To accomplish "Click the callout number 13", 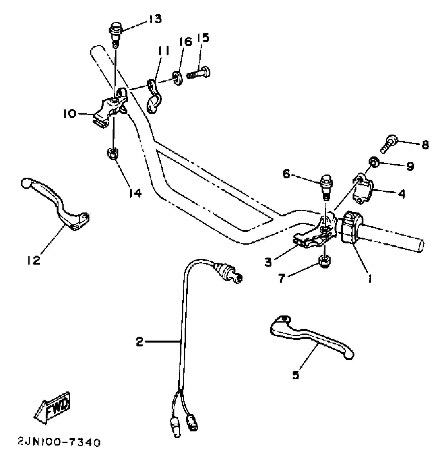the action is [x=154, y=19].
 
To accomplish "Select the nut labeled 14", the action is [x=113, y=153].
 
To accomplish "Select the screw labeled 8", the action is [x=388, y=144].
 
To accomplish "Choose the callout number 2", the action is [x=139, y=342].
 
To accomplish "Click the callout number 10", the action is [x=69, y=114].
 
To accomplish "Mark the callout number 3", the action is [x=268, y=262].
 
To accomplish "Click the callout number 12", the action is [x=33, y=260].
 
